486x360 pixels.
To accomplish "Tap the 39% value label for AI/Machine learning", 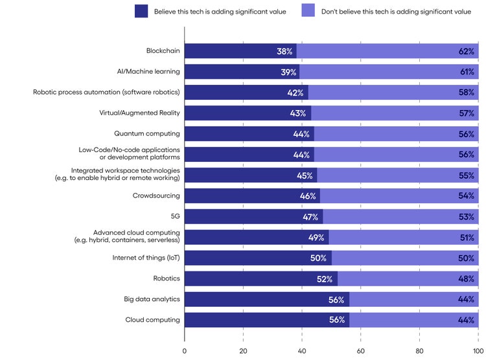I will (289, 72).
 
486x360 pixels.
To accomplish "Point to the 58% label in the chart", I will (467, 93).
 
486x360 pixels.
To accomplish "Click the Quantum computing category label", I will (147, 134).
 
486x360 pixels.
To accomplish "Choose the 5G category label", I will (175, 216).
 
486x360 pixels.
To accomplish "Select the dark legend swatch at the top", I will (141, 12).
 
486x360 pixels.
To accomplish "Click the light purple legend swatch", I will (308, 12).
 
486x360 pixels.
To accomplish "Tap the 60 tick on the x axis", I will (361, 351).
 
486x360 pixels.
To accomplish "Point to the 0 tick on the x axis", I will (185, 351).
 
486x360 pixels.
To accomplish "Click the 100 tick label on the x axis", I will (478, 351).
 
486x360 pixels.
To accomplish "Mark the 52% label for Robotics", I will (325, 279).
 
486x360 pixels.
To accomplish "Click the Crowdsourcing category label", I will (156, 196).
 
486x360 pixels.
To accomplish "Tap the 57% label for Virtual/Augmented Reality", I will (467, 113).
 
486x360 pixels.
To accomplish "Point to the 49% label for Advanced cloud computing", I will (316, 238).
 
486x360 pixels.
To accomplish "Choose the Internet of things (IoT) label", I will (146, 258).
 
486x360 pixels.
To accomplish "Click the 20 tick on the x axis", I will (243, 351).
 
